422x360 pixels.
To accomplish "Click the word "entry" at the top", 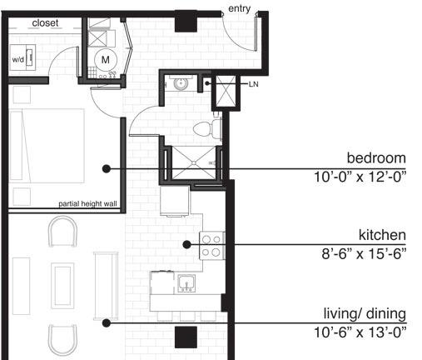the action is tap(239, 8).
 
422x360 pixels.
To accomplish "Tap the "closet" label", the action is tap(45, 22).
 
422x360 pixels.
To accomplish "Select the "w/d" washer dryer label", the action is tap(18, 59).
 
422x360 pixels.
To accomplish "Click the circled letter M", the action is tap(106, 60).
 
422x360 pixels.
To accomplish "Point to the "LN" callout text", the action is tap(253, 84).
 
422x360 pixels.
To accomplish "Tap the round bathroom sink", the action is tap(181, 83).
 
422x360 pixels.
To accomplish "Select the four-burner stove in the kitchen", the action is tap(212, 246).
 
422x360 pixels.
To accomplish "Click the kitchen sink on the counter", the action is tap(186, 283).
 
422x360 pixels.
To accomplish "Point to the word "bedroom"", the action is tap(376, 157).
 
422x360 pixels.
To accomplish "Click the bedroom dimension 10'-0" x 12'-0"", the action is tap(360, 177).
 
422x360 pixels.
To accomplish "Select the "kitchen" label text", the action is tap(382, 235).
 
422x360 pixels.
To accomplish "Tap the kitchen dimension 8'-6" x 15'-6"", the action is tap(364, 253).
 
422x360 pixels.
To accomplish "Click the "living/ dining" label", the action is tap(365, 314).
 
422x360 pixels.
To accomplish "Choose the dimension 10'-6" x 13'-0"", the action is tap(360, 332).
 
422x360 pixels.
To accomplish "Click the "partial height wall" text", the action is tap(87, 204).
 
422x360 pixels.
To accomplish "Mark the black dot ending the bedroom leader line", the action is tap(107, 168).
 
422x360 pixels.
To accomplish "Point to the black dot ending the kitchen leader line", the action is tap(187, 244).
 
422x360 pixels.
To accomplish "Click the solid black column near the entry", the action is tap(186, 22).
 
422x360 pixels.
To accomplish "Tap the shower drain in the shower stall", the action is tap(194, 162).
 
